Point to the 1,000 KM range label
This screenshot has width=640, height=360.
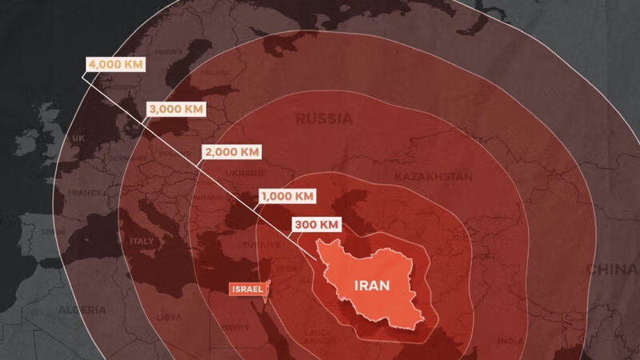pos(286,195)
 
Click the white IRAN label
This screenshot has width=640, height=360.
pos(373,285)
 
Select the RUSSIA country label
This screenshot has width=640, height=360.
pos(324,119)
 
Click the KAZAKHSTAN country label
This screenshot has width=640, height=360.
pos(433,176)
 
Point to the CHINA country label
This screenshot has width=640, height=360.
pos(612,270)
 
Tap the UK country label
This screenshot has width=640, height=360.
pos(78,138)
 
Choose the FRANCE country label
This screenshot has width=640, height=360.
pos(84,193)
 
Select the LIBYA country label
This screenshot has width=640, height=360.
pos(170,318)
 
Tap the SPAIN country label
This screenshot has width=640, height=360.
pos(53,232)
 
